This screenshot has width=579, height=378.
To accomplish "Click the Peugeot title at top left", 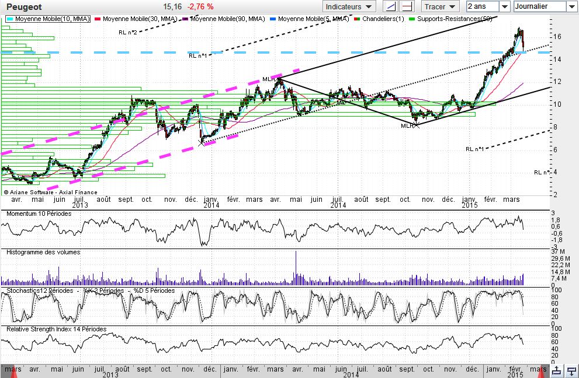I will coord(23,6).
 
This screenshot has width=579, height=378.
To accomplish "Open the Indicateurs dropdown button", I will coord(349,7).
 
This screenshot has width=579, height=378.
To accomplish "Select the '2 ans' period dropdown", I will coord(488,6).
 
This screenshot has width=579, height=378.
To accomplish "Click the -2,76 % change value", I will coord(201,6).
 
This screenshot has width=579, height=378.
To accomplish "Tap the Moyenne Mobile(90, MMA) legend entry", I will coord(227,19).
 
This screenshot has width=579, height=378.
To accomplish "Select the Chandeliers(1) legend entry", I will coord(383,19).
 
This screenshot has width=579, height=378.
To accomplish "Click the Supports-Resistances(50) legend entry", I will coord(453,19).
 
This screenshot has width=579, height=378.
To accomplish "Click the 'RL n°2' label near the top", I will coord(127,32).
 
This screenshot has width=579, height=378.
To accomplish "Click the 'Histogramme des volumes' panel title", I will coord(43,252).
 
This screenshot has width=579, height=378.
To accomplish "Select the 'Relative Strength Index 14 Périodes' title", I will coord(56,329).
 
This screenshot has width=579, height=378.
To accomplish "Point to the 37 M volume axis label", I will coord(559,251).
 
